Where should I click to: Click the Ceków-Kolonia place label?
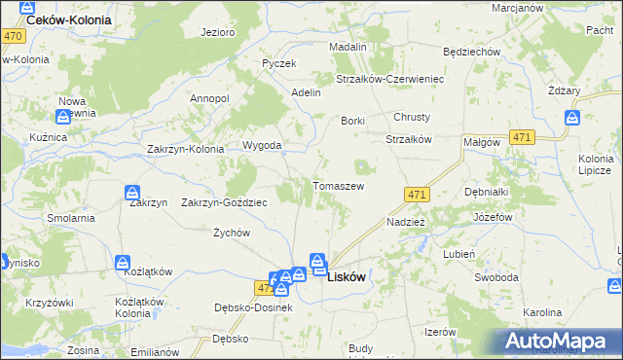point(69,19)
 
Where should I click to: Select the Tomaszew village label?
point(338,186)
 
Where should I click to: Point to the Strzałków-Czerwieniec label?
point(389,79)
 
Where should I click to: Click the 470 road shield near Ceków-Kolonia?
point(13,36)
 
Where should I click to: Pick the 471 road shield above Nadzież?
point(417,195)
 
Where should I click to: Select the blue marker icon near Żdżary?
point(572,119)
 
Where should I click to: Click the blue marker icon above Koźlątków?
point(124,263)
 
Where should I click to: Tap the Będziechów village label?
point(470,52)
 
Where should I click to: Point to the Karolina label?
point(542,312)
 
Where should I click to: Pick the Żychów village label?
point(232,234)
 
